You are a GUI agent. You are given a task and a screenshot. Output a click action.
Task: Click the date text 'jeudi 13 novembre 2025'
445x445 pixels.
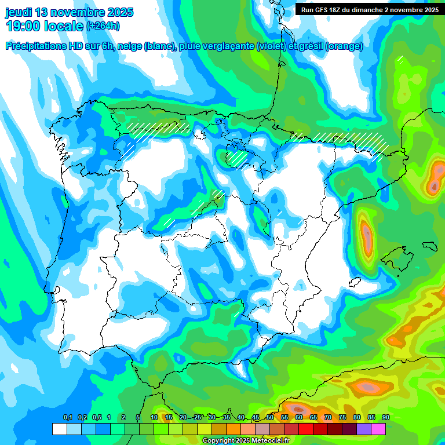pos(69,12)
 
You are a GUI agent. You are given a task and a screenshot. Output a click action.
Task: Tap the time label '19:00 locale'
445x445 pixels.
pos(44,25)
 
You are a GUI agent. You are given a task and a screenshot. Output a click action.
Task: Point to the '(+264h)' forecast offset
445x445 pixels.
pos(103,26)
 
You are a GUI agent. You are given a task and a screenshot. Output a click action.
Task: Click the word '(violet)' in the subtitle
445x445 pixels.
pos(271,46)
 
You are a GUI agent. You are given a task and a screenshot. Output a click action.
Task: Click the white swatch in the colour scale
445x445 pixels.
pos(59,429)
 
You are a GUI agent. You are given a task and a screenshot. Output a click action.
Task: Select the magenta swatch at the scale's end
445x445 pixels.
pos(378,429)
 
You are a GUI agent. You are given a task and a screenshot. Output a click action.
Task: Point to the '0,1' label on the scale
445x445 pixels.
pos(67,418)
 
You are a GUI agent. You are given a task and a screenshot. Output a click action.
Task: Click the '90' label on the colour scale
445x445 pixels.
pos(385,418)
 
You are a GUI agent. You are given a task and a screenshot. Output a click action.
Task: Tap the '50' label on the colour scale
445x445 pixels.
pos(270,418)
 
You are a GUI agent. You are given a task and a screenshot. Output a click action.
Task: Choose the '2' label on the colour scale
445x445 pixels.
pos(123,418)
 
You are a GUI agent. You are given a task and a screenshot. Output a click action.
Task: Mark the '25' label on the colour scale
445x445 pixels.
pos(198,418)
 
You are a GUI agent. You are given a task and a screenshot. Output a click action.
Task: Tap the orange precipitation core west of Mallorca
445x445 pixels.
pos(367,235)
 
